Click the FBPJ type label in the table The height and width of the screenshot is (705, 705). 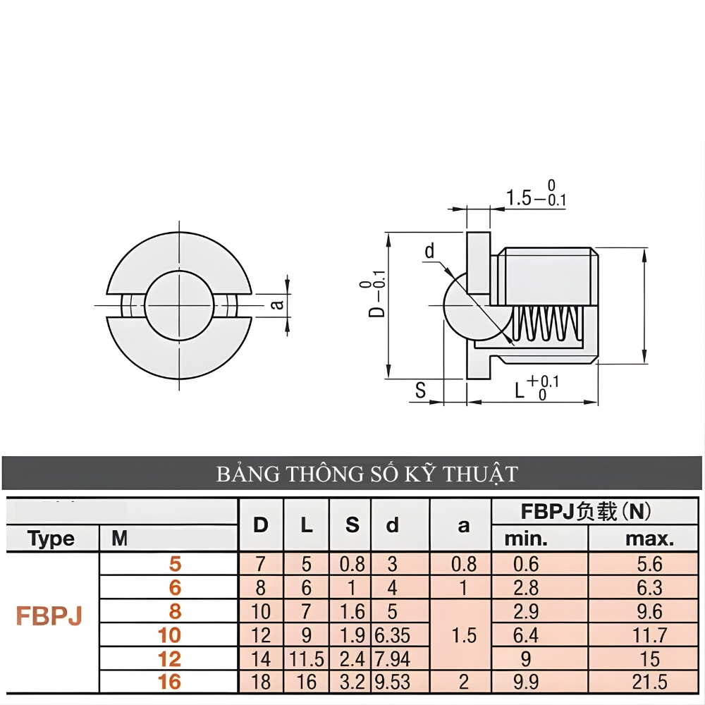click(49, 615)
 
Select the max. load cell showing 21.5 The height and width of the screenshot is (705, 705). click(649, 682)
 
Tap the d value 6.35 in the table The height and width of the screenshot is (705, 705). click(392, 635)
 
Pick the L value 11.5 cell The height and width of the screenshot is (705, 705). click(306, 659)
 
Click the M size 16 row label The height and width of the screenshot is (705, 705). click(169, 682)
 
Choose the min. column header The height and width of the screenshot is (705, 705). click(525, 539)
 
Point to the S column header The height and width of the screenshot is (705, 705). click(352, 525)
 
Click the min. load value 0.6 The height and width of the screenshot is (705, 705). click(525, 564)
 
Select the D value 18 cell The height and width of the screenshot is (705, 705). click(261, 682)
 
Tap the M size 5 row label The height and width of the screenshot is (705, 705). click(175, 564)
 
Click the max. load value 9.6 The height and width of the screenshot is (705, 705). click(649, 611)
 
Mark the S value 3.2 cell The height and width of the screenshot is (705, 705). click(352, 682)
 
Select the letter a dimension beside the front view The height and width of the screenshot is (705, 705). click(278, 304)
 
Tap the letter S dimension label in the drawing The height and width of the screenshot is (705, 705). click(421, 390)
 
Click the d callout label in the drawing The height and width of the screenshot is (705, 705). click(429, 251)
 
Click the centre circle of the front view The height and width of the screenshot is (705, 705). click(179, 305)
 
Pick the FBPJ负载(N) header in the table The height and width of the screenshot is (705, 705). click(585, 512)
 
